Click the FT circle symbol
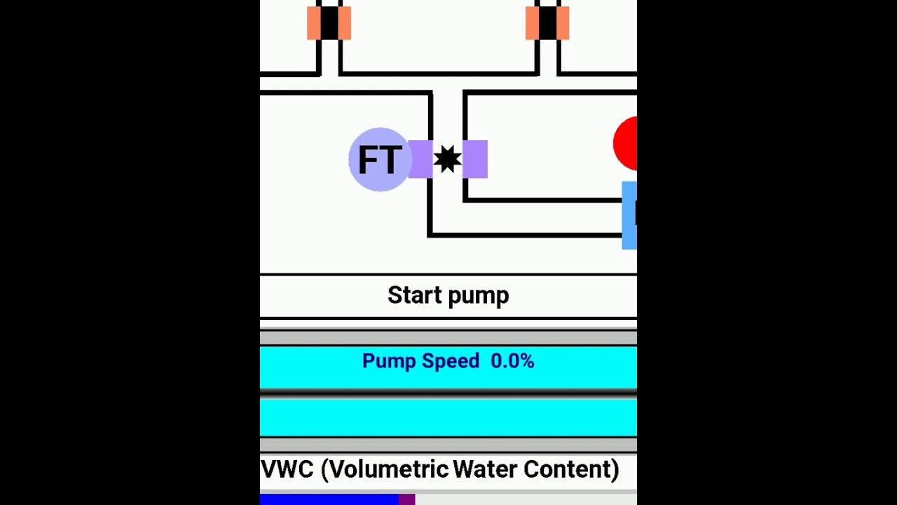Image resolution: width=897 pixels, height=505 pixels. [379, 160]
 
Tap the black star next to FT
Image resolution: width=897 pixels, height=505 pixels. [447, 159]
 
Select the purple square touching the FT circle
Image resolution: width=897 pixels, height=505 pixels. [420, 159]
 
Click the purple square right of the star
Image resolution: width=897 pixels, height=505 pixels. [475, 159]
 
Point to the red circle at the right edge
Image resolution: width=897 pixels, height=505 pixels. [626, 144]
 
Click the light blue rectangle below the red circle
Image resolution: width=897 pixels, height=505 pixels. [629, 215]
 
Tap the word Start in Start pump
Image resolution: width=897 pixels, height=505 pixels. [414, 295]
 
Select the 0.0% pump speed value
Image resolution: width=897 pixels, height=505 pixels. [512, 361]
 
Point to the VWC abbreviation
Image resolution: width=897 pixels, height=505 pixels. [287, 469]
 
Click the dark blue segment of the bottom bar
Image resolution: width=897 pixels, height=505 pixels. [329, 499]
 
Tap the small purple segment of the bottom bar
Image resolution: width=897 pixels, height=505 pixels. [407, 499]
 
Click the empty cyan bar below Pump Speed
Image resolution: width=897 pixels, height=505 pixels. [448, 417]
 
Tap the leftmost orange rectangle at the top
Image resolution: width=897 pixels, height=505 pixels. [313, 22]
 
